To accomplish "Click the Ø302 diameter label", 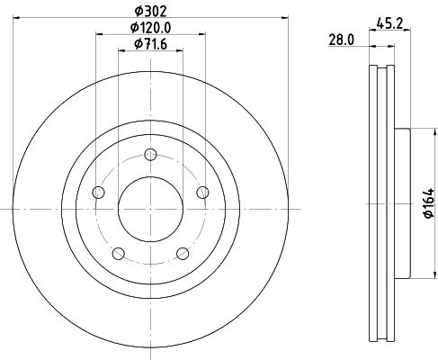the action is [x=150, y=12].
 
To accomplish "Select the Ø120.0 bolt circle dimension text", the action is [x=150, y=28].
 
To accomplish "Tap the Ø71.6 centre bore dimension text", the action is [x=150, y=44].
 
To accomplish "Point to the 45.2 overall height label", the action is [x=389, y=23].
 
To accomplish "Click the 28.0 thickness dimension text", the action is [x=342, y=40].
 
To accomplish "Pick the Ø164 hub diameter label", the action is [x=429, y=203].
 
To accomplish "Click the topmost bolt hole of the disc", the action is [x=150, y=155].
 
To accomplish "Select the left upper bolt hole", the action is [x=98, y=192].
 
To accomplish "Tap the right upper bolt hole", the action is [x=202, y=192].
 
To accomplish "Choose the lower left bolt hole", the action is [x=119, y=254].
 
